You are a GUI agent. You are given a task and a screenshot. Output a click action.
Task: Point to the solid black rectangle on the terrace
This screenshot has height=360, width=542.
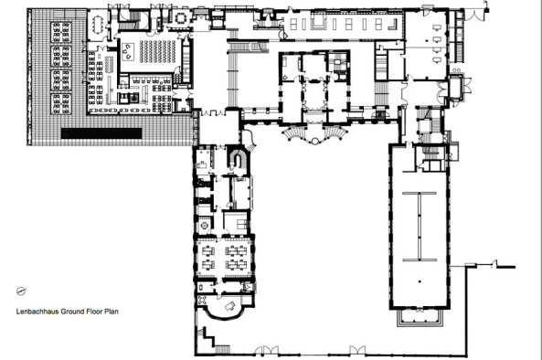(x=101, y=132)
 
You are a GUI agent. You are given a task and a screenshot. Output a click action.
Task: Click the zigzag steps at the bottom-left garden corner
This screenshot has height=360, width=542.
(x=209, y=342)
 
